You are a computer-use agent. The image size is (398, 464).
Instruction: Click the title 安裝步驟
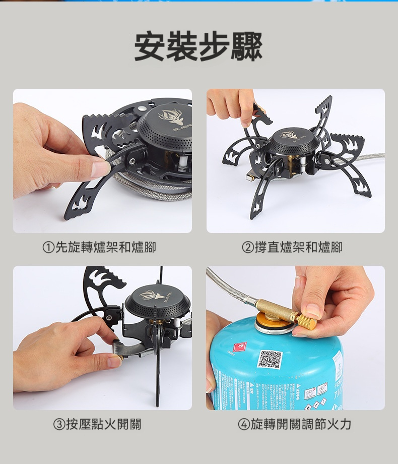[x=198, y=47]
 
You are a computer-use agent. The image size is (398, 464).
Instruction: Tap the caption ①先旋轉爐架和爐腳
[x=99, y=247]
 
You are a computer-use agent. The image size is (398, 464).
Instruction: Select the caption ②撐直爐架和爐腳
[x=292, y=247]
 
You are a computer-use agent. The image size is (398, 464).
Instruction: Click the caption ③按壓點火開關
[x=99, y=424]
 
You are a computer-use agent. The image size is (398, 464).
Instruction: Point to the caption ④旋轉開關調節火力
[x=295, y=424]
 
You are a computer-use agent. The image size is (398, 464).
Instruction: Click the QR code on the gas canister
[x=270, y=359]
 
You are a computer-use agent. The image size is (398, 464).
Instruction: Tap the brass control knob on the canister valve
[x=307, y=321]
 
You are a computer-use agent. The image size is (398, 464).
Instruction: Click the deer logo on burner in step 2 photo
[x=289, y=135]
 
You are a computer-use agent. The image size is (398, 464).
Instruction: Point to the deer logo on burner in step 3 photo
[x=153, y=295]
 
